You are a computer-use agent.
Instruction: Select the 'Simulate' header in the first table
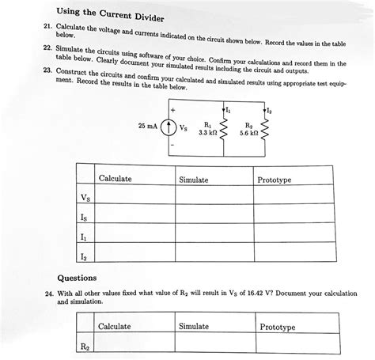pyautogui.click(x=194, y=180)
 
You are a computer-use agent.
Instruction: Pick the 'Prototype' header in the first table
pyautogui.click(x=275, y=180)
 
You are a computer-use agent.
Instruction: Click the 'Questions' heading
pyautogui.click(x=78, y=279)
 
